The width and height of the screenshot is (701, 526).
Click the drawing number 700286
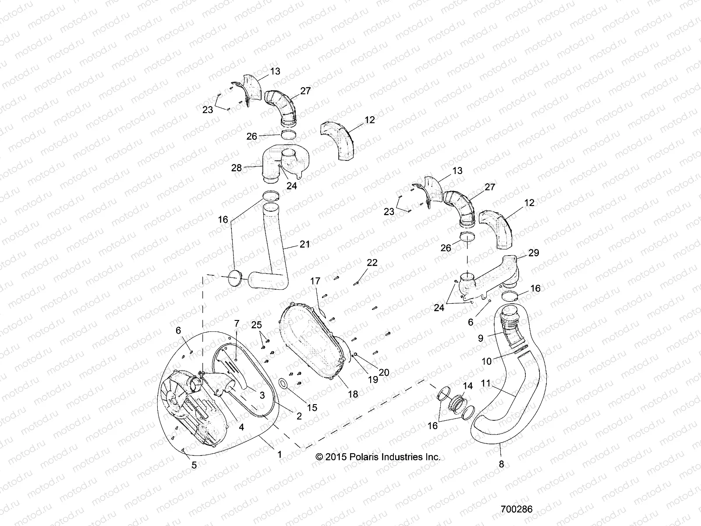(x=517, y=509)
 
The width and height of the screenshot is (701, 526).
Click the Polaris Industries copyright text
(x=378, y=457)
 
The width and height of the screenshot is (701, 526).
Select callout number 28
(x=237, y=168)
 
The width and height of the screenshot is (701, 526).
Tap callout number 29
(x=534, y=253)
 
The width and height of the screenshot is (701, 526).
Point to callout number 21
(x=304, y=245)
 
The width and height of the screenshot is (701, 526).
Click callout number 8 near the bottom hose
(x=502, y=464)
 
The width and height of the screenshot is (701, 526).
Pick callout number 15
(x=312, y=408)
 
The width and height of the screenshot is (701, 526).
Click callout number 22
(x=372, y=263)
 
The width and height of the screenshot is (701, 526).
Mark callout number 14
(x=468, y=386)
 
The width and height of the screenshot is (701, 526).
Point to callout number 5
(x=195, y=465)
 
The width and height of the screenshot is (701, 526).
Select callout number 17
(x=315, y=281)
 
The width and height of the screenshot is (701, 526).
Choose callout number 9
(x=481, y=338)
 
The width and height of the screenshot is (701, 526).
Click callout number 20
(x=384, y=372)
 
